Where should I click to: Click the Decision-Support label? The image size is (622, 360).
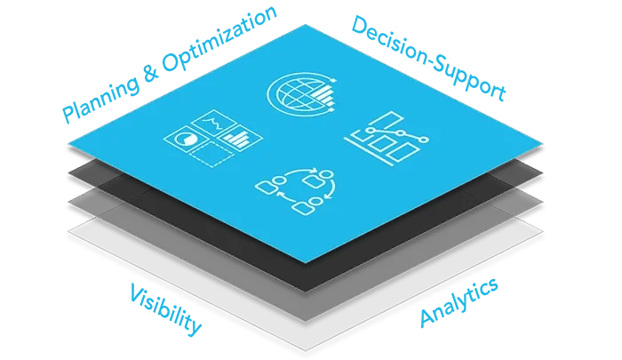(428, 57)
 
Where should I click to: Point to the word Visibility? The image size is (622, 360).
(165, 310)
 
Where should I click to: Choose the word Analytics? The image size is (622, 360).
(458, 304)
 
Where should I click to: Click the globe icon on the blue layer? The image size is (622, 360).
(294, 92)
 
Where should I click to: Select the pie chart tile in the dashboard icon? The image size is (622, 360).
(187, 140)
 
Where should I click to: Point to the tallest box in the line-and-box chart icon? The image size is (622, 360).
(387, 126)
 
